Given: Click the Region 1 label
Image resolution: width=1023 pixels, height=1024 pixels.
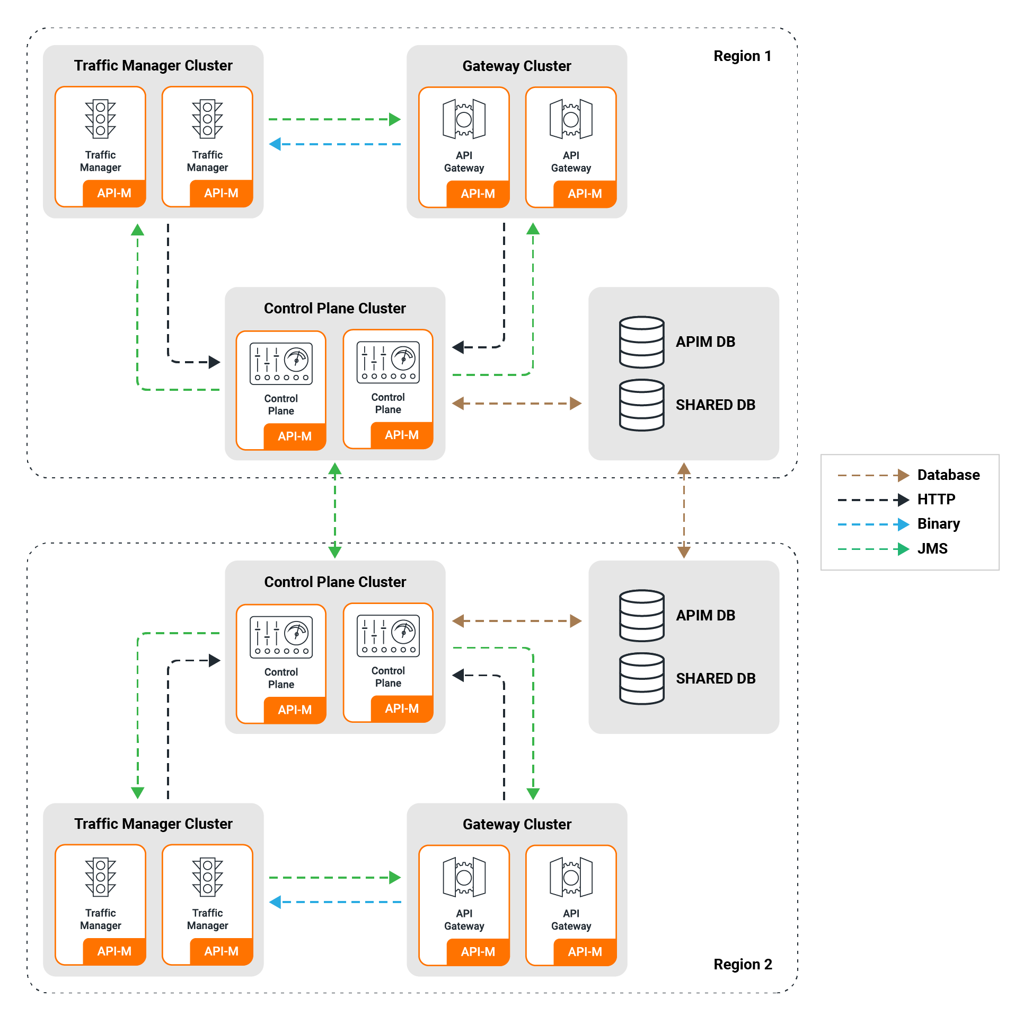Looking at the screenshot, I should coord(742,56).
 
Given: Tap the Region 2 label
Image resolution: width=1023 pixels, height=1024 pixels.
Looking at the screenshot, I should coord(743,964).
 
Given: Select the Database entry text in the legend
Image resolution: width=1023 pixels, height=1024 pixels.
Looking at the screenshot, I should coord(948,475).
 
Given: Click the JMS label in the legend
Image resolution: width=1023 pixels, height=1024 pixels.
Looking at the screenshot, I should coord(932,548).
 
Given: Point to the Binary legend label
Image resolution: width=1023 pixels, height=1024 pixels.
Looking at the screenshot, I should coord(938,523).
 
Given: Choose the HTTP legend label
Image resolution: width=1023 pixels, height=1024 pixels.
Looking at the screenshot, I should coord(936,499).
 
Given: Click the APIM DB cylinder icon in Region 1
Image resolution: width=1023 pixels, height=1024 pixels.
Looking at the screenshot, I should coord(641,342).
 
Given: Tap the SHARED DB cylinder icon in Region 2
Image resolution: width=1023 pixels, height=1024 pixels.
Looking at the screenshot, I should coord(641,678).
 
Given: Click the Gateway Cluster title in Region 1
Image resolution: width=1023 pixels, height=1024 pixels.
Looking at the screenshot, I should coord(517,66).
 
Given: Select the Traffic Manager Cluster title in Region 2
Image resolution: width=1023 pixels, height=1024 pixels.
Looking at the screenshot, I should coord(153,824).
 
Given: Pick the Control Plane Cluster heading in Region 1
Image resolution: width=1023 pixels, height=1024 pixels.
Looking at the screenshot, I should coord(334,308).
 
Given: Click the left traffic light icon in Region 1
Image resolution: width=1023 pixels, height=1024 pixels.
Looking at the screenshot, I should coord(100,119).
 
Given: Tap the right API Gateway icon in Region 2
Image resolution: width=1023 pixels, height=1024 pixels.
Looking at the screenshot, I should coord(571,877).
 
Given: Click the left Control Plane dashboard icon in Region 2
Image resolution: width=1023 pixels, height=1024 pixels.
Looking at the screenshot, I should coord(281,637).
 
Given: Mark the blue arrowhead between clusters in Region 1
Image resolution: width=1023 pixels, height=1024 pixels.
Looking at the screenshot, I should coord(275,144).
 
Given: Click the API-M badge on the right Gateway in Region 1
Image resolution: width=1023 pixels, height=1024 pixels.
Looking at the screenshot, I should coord(585,194).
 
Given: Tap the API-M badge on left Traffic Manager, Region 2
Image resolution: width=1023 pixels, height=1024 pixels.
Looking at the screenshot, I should coord(114,951).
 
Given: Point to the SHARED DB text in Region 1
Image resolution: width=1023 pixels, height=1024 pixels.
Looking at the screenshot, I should coord(715,405).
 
